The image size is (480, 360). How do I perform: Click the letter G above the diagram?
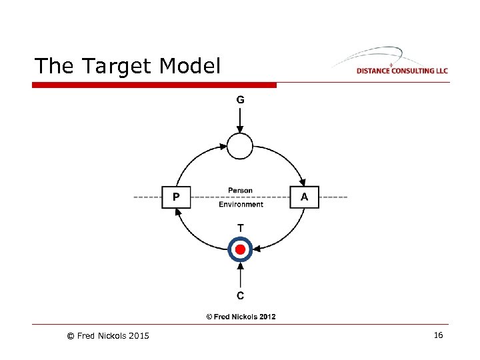241,100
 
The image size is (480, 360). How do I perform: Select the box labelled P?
176,197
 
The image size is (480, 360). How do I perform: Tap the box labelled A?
305,197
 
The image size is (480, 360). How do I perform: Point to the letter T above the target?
241,228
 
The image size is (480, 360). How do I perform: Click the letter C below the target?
241,295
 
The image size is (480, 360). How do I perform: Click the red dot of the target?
241,250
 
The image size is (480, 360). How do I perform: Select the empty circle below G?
241,146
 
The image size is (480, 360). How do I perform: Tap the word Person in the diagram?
241,191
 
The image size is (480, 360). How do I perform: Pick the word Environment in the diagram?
241,204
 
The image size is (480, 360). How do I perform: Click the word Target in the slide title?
119,66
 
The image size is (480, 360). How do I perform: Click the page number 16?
438,335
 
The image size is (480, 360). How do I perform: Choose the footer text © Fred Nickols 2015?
108,335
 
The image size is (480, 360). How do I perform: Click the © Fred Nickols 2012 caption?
241,317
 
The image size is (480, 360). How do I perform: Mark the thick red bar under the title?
154,85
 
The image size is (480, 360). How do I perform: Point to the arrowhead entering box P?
178,212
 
